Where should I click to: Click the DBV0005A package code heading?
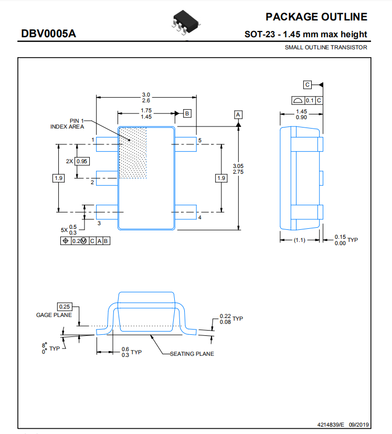click(x=48, y=34)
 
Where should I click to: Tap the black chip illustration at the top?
click(x=186, y=23)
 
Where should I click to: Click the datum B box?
click(x=187, y=113)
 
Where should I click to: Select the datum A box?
click(x=238, y=114)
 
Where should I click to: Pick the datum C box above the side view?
click(x=308, y=84)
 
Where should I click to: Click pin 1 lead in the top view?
click(x=107, y=144)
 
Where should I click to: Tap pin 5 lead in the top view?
click(x=185, y=144)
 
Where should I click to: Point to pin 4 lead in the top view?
click(x=185, y=212)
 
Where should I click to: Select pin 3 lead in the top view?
click(x=107, y=212)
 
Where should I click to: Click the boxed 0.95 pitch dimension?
click(x=82, y=161)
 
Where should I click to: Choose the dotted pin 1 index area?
click(x=133, y=153)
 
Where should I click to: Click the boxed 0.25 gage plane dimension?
click(x=65, y=306)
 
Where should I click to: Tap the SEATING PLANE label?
click(x=192, y=354)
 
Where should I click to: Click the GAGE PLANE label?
click(x=54, y=315)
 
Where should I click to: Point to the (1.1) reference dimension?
click(x=300, y=240)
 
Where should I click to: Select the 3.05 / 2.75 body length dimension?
click(x=238, y=169)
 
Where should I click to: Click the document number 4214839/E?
click(x=331, y=425)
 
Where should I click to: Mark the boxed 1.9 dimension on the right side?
click(x=221, y=178)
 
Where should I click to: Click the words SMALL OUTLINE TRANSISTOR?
click(x=326, y=47)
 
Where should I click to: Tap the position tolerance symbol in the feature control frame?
click(x=66, y=241)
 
